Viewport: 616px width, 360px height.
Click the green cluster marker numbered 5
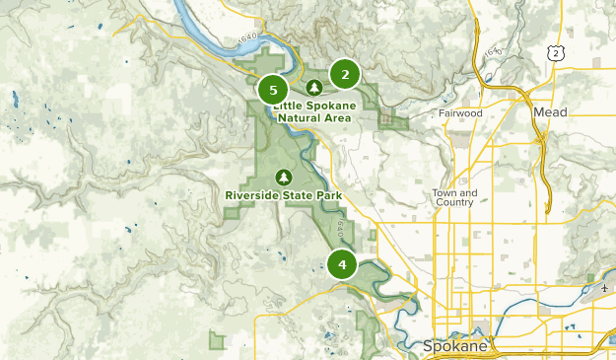[273, 90]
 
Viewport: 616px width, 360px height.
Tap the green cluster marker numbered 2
[345, 74]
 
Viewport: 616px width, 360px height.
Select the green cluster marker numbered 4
[342, 264]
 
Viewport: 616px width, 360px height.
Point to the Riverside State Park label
[284, 195]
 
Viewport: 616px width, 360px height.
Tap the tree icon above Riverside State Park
[284, 177]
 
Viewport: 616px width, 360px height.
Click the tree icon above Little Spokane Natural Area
[313, 88]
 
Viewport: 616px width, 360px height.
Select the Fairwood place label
[460, 113]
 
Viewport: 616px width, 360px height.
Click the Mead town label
[551, 113]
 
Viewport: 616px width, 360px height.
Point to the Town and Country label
[454, 197]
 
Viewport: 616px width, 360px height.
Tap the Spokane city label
[454, 347]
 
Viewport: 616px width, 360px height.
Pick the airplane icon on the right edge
[604, 289]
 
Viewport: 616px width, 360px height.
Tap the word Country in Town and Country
[454, 203]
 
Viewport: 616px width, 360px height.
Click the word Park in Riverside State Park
[330, 195]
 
